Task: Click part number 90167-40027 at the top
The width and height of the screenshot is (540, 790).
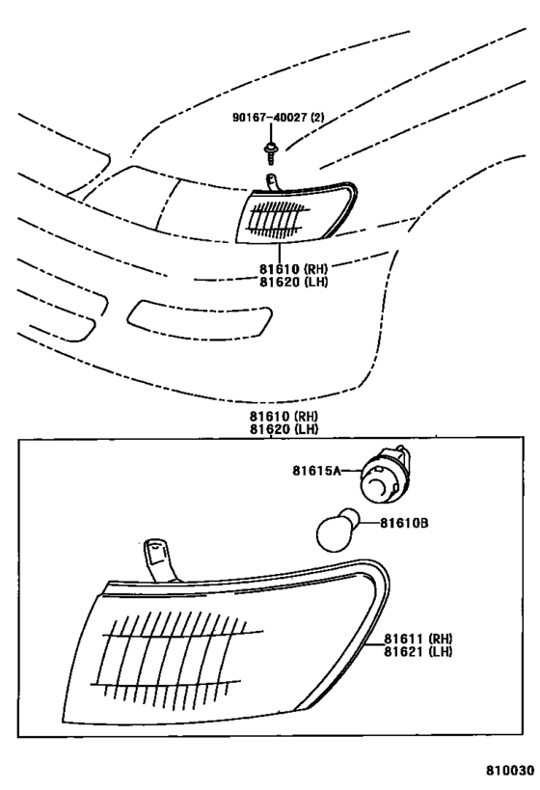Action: (269, 118)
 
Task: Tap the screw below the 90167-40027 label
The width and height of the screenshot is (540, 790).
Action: (271, 152)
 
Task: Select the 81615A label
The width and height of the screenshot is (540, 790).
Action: (316, 471)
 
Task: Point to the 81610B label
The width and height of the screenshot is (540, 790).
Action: (404, 524)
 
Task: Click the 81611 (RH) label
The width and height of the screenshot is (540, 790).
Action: (418, 639)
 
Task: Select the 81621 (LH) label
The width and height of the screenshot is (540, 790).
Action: (418, 651)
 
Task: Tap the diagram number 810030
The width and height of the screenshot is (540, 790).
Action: (509, 771)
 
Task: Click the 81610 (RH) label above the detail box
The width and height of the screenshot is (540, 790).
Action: (284, 417)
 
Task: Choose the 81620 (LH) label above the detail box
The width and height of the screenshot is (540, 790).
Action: (284, 429)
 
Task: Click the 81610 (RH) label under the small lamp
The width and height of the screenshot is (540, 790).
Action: (294, 269)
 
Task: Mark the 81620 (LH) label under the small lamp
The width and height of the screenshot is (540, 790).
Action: (294, 282)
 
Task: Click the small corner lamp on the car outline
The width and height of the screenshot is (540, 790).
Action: (296, 212)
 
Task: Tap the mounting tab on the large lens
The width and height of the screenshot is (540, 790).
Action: (161, 560)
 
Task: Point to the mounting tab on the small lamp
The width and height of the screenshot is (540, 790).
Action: (273, 182)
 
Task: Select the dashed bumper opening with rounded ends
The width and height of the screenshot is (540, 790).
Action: (200, 319)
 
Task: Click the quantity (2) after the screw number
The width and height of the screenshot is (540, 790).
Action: (317, 118)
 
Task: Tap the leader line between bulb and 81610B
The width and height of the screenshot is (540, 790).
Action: (369, 524)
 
